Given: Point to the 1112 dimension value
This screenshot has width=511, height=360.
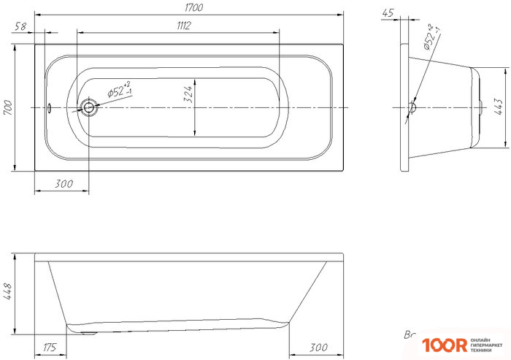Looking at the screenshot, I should (182, 26).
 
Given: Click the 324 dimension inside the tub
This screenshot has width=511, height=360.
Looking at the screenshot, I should (188, 95).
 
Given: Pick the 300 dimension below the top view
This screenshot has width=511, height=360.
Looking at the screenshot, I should (64, 185).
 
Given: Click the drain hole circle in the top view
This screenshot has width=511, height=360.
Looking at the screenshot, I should (89, 108).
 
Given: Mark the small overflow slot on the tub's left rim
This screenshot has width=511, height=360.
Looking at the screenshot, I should (48, 108).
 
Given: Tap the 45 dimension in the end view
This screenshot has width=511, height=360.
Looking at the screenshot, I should (388, 12).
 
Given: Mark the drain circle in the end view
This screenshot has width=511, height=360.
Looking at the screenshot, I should (412, 108).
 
